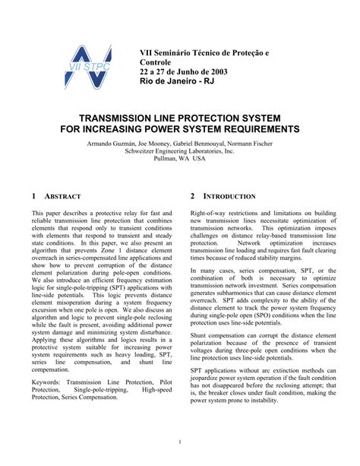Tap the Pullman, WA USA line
pyautogui.click(x=179, y=160)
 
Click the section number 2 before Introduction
pyautogui.click(x=193, y=196)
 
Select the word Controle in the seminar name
pyautogui.click(x=156, y=62)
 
